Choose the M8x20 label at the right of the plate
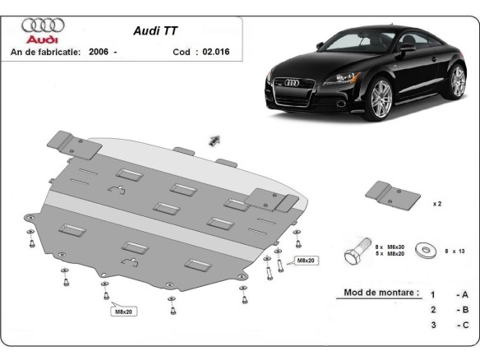pyautogui.click(x=307, y=261)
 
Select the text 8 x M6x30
pyautogui.click(x=390, y=247)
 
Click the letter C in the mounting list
pyautogui.click(x=465, y=325)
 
